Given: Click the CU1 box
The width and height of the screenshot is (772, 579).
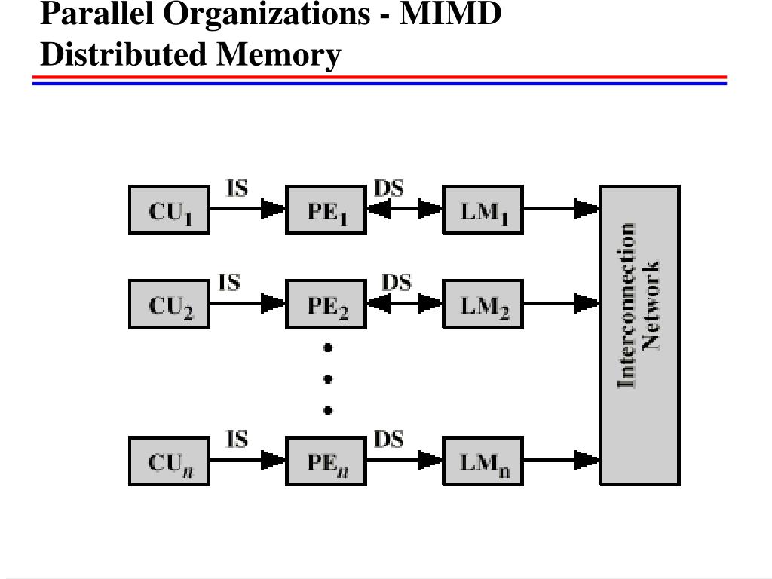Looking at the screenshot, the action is (169, 210).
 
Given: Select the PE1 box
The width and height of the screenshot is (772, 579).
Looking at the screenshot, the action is (326, 210).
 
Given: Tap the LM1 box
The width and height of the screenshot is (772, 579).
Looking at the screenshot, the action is (482, 210).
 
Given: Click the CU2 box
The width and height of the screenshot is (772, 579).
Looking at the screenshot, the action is (169, 304).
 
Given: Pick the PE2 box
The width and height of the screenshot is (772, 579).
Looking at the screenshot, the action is (326, 304).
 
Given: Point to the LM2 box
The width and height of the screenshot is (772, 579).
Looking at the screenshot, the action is (482, 304).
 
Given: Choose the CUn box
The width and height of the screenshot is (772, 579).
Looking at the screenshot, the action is (169, 461).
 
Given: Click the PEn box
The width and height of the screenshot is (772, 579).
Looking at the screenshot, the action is (326, 461).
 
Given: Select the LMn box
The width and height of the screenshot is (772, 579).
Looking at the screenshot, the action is (482, 461).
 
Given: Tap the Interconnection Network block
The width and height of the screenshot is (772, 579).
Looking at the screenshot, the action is (639, 335).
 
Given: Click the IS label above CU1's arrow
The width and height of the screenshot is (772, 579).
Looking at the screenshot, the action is (237, 188).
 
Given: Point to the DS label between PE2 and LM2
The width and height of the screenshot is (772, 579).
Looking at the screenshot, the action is (397, 283).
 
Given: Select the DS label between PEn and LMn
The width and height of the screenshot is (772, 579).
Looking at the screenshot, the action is (389, 440).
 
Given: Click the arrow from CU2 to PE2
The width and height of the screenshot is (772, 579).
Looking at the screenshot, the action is (247, 303).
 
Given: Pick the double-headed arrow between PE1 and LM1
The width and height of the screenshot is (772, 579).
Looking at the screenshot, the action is (404, 209).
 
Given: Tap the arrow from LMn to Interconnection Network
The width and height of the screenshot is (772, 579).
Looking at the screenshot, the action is (561, 461).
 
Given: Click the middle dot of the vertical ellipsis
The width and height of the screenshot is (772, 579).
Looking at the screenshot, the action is (328, 379).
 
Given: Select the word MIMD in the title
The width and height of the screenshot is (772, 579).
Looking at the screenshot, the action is (450, 14).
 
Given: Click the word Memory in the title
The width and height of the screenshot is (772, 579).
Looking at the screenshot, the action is (279, 54).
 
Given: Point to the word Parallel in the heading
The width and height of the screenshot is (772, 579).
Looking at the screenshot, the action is (97, 14).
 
